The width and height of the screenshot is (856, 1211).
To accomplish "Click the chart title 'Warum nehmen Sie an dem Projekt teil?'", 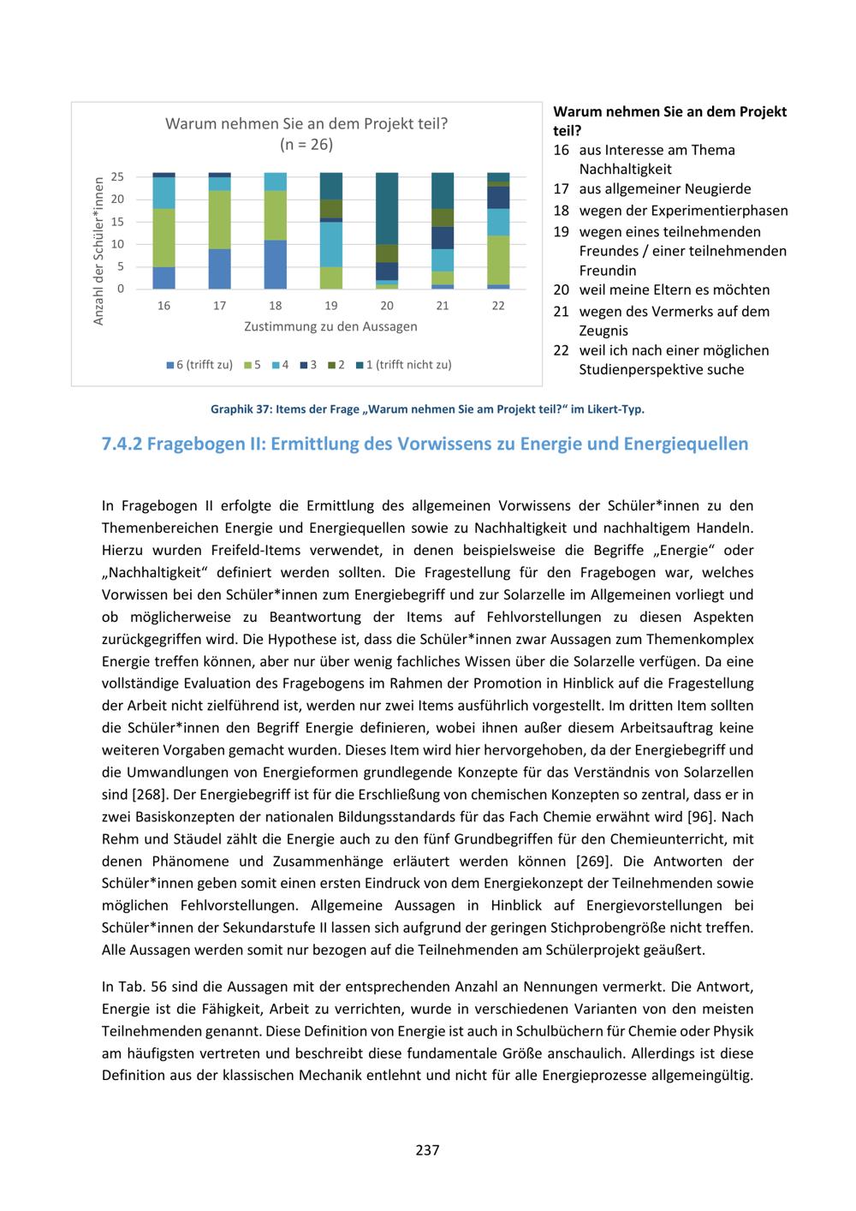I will [306, 123].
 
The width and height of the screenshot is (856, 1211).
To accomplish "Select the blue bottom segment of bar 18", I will [276, 265].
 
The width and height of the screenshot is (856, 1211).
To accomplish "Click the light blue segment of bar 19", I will [331, 244].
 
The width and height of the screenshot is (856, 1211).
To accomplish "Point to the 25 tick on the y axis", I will [117, 176].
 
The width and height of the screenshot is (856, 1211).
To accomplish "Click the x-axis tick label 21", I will [443, 306].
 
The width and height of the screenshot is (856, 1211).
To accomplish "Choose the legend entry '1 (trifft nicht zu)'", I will [403, 365].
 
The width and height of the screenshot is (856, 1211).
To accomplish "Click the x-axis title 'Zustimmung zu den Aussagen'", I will [330, 326].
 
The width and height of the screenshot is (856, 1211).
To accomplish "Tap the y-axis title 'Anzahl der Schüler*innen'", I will [98, 250].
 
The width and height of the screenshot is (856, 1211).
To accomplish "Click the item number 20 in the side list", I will [561, 290].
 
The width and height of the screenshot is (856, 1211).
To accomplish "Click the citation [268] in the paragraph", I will [134, 795].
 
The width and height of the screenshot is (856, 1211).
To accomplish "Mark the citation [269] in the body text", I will [586, 862].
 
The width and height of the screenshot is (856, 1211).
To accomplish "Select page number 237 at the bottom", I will [427, 1150].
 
